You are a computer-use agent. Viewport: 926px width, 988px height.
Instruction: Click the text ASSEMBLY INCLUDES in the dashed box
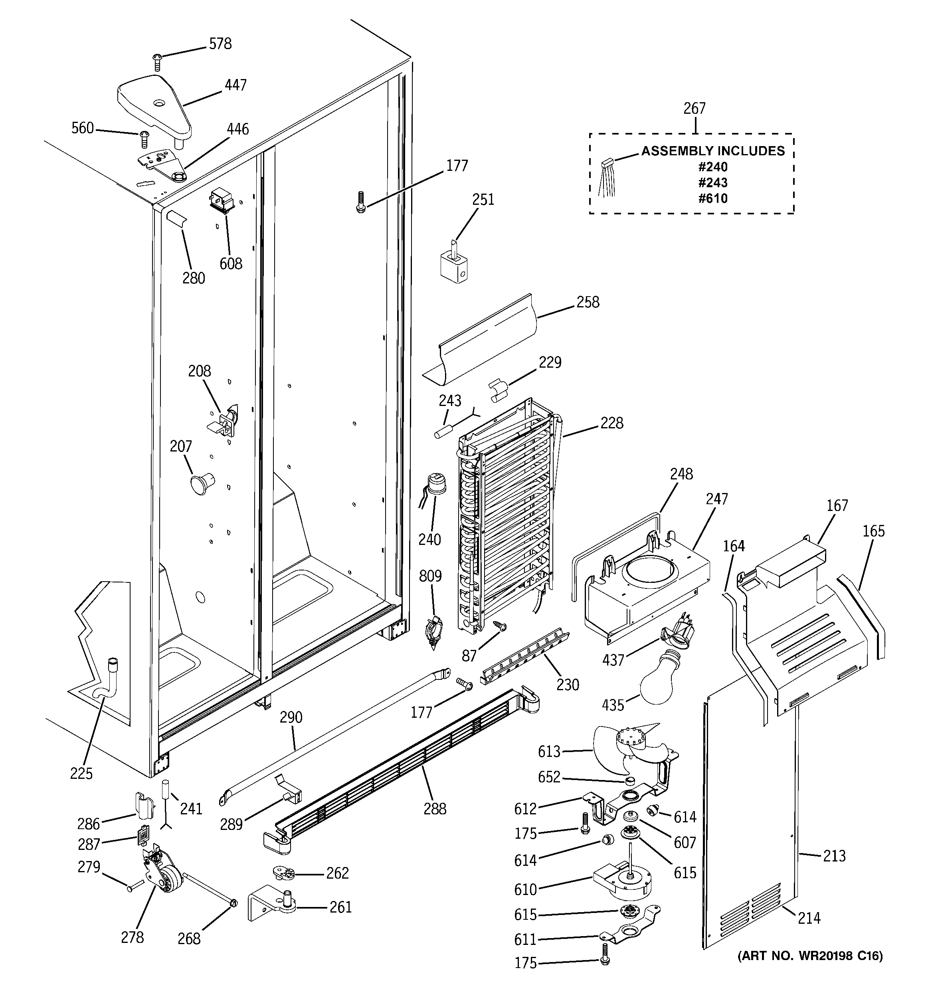(x=712, y=150)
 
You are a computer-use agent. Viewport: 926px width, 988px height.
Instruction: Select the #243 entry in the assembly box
(x=712, y=182)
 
